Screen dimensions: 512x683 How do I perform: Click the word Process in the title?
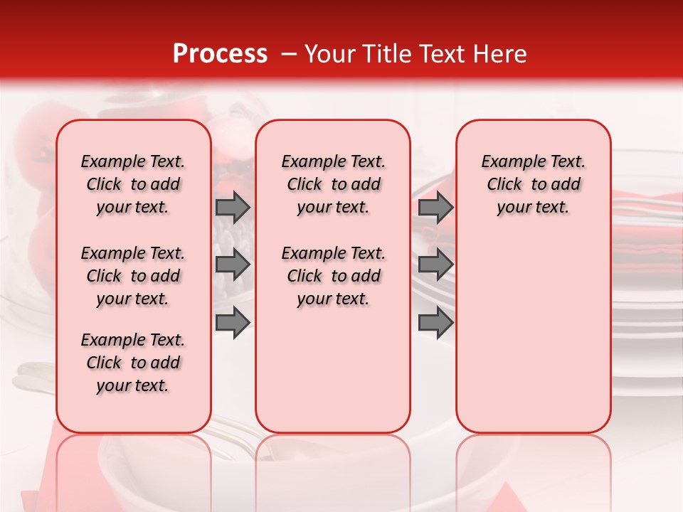click(x=220, y=54)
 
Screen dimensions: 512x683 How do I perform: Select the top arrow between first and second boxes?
click(x=233, y=207)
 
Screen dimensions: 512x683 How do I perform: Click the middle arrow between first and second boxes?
click(x=233, y=265)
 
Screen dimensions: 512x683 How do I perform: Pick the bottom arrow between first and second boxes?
click(x=233, y=322)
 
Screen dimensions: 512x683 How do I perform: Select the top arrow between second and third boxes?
click(x=435, y=207)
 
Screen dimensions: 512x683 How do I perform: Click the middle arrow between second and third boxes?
click(x=435, y=265)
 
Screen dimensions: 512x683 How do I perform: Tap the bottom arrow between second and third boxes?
click(x=435, y=322)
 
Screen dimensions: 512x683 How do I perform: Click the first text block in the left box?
click(x=133, y=184)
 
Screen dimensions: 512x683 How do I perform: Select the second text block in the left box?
click(x=133, y=276)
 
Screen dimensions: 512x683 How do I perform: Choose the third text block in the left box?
click(x=133, y=363)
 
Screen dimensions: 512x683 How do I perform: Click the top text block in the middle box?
click(x=333, y=184)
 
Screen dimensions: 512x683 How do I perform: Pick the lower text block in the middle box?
click(x=333, y=276)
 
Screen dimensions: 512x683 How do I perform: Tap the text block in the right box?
click(x=533, y=184)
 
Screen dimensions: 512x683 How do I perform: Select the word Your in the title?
click(x=324, y=54)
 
